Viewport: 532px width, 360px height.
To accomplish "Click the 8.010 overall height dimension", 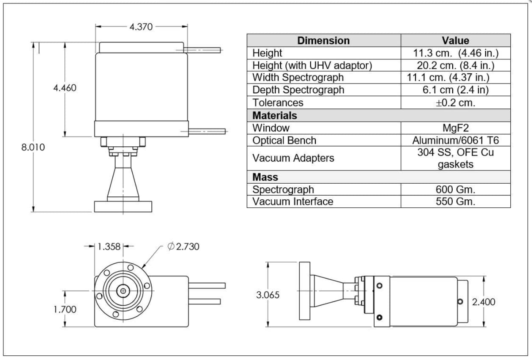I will coord(33,147).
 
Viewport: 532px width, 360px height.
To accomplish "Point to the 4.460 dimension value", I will coord(64,88).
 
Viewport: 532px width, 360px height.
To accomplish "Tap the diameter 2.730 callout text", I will coord(184,246).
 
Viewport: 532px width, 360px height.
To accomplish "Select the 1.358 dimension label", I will coord(109,246).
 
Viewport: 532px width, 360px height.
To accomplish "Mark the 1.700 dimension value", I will coord(65,310).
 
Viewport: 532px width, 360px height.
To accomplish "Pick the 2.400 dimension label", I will coord(484,302).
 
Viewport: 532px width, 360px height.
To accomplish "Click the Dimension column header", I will coord(323,41).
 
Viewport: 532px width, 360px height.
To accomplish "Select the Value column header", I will coord(455,41).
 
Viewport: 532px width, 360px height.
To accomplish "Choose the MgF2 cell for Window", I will coord(455,128).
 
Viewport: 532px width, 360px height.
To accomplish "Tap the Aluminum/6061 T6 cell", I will coord(455,140).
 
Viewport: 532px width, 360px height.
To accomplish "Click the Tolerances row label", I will coord(278,103).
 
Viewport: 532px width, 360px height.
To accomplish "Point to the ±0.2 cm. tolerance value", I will coord(455,103).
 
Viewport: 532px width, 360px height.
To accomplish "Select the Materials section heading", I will coord(275,115).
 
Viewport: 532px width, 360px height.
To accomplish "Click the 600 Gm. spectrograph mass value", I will coord(455,190).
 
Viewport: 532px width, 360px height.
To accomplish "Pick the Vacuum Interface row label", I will coord(293,201).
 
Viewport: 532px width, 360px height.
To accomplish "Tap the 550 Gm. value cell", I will coord(455,201).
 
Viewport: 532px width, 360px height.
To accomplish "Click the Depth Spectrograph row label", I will coord(298,90).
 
